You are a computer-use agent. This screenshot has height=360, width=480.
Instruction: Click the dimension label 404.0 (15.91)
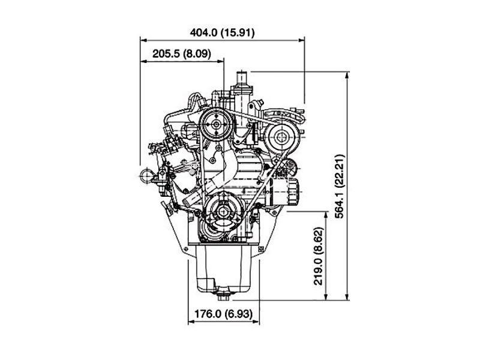point(222,32)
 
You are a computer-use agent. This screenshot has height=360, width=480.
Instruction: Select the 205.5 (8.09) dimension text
point(182,54)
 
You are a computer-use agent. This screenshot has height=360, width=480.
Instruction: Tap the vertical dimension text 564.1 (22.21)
point(340,186)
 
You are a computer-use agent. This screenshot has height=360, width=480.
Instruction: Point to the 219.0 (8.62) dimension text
point(319,256)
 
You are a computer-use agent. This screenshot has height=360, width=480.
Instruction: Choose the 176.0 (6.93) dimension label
point(224,314)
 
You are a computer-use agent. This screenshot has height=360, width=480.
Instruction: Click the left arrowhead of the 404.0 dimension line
point(144,40)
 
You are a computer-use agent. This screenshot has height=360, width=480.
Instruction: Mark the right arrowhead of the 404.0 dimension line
point(301,40)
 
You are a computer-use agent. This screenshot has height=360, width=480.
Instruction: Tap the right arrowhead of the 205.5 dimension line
point(220,61)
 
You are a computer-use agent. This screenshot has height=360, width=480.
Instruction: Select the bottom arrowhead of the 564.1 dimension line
point(347,296)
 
